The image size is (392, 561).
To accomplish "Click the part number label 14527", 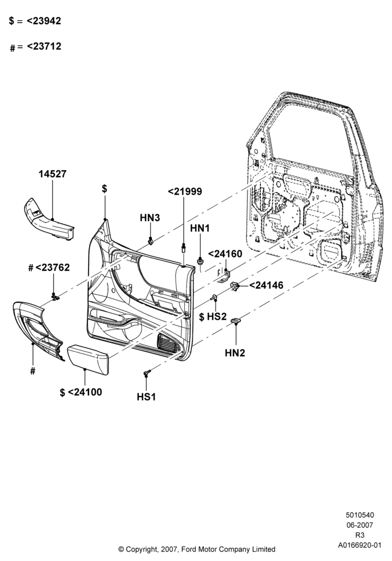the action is pyautogui.click(x=53, y=174).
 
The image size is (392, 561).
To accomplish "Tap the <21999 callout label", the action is pyautogui.click(x=185, y=192).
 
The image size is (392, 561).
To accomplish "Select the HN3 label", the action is pyautogui.click(x=150, y=218).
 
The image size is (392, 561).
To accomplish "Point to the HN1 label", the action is pyautogui.click(x=200, y=228).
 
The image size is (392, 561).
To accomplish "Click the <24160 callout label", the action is pyautogui.click(x=225, y=254).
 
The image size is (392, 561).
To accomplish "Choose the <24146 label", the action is pyautogui.click(x=266, y=285).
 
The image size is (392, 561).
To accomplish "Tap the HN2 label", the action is pyautogui.click(x=235, y=353).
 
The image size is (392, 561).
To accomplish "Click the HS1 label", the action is pyautogui.click(x=146, y=397).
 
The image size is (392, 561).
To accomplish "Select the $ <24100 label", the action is pyautogui.click(x=81, y=392).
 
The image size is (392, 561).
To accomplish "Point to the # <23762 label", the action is pyautogui.click(x=49, y=268).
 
